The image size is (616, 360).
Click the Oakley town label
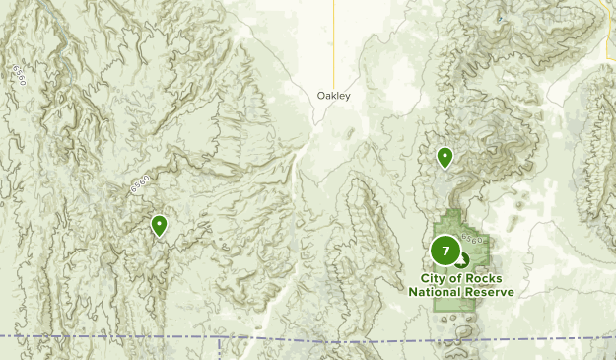[x=333, y=96]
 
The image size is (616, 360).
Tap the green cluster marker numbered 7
[x=445, y=251]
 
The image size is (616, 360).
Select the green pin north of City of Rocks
[x=445, y=156]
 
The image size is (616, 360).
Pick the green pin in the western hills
[x=159, y=226]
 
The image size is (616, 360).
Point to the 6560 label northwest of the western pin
[x=139, y=183]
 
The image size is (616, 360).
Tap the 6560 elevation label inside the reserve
[x=471, y=239]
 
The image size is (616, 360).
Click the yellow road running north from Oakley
[x=333, y=39]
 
